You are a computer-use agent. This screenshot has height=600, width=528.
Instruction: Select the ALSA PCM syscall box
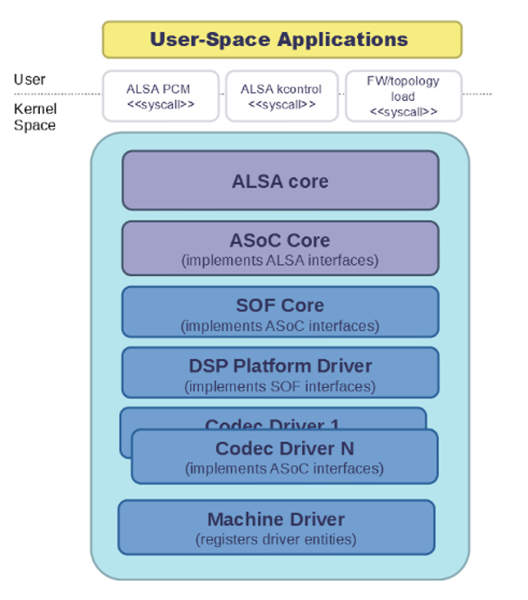pos(160,96)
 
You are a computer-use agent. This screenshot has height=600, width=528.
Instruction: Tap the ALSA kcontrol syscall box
pos(280,96)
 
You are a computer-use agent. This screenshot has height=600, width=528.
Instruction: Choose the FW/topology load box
pos(403,96)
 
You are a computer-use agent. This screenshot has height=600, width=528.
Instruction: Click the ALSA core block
pos(280,181)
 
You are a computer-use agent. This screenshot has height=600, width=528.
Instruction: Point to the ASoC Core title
pos(280,241)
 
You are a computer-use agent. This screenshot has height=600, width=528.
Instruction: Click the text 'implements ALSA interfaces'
pos(280,260)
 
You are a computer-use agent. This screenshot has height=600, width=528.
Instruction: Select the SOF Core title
pos(280,306)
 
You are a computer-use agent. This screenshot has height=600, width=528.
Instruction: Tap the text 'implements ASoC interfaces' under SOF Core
pos(280,326)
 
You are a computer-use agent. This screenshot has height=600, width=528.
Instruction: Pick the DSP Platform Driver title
pos(280,366)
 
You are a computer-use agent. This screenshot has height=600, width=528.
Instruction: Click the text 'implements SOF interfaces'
pos(280,386)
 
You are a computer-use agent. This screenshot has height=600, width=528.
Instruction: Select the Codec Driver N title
pos(284,449)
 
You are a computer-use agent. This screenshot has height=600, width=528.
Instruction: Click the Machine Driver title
pos(276,519)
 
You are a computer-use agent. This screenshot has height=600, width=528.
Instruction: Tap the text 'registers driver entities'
pos(276,539)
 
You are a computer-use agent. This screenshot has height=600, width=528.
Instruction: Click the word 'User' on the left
pos(30,80)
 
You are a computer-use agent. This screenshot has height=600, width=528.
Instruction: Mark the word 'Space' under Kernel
pos(34,125)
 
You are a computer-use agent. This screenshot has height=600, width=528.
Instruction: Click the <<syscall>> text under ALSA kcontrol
pos(280,105)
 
